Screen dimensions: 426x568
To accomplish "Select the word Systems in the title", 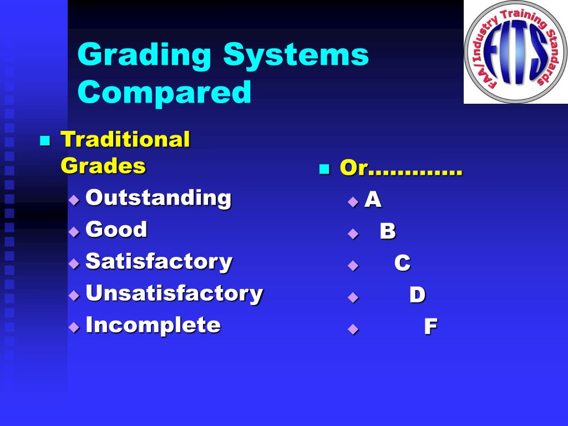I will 296,57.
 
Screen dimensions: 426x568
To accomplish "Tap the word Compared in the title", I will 164,92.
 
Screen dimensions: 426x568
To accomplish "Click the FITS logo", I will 515,52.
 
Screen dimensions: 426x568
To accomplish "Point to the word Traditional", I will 125,139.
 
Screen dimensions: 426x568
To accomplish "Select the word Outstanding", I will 158,197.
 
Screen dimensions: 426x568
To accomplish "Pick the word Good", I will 116,229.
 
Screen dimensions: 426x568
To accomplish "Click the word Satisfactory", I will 159,261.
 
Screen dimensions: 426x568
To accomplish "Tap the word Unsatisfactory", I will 174,293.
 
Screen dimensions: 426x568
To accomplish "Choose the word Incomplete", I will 153,325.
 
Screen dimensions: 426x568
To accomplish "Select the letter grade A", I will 373,200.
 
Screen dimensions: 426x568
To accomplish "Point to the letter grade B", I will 387,231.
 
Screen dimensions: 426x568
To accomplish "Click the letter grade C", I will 402,263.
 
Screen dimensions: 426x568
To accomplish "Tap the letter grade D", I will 417,295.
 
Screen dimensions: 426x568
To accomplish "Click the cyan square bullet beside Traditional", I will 45,140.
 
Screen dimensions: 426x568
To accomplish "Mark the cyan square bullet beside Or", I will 324,169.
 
